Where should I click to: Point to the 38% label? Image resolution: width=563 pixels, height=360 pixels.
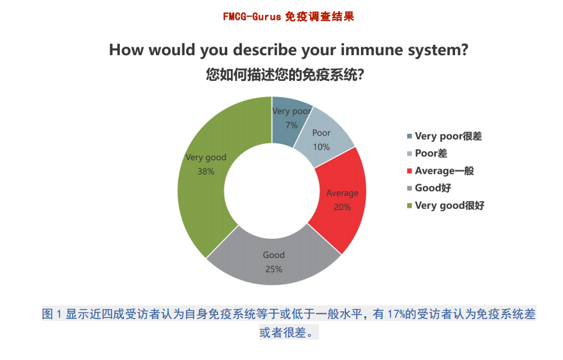(206, 172)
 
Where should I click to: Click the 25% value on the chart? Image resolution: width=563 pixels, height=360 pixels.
(273, 269)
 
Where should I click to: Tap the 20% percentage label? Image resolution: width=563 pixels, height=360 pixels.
(342, 207)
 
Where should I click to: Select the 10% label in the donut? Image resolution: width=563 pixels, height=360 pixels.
(321, 147)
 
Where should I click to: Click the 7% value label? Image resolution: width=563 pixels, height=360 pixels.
(291, 125)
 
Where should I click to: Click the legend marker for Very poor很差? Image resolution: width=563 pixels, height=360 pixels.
(410, 136)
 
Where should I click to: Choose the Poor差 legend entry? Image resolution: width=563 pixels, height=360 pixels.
(427, 154)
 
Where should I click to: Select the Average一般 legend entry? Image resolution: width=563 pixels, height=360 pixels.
(440, 170)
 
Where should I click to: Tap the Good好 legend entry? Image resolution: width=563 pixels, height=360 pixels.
(429, 188)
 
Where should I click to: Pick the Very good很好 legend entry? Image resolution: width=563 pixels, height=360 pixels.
(445, 206)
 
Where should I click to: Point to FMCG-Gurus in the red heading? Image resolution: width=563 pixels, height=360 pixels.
(252, 17)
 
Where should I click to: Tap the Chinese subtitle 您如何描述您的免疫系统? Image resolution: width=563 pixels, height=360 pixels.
(285, 75)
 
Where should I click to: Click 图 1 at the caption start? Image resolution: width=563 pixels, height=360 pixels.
(52, 314)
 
